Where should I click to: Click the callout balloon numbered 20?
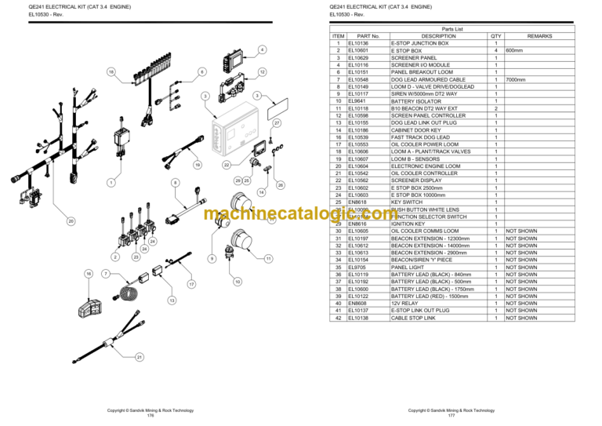[x=71, y=222]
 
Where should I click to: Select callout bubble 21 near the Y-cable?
[x=140, y=357]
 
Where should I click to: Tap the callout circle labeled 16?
[x=89, y=274]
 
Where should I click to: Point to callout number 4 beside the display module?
[x=261, y=51]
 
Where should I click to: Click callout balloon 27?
[x=277, y=124]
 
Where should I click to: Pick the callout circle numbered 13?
[x=171, y=300]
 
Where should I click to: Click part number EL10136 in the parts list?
[x=368, y=43]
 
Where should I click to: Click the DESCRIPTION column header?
[x=438, y=36]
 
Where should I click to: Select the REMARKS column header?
[x=539, y=36]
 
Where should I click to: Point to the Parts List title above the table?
[x=452, y=28]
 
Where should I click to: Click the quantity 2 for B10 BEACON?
[x=495, y=108]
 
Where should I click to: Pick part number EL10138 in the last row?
[x=368, y=318]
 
